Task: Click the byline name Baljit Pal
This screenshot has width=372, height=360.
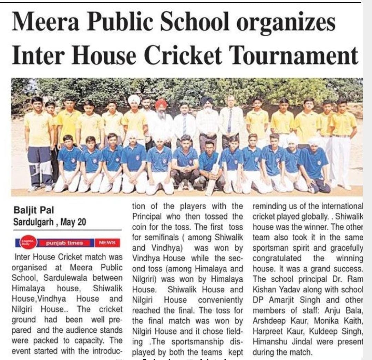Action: (34, 210)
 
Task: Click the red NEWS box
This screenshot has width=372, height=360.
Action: (107, 243)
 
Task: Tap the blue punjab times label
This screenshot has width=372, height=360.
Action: (65, 243)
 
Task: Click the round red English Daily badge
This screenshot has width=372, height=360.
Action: (28, 243)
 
